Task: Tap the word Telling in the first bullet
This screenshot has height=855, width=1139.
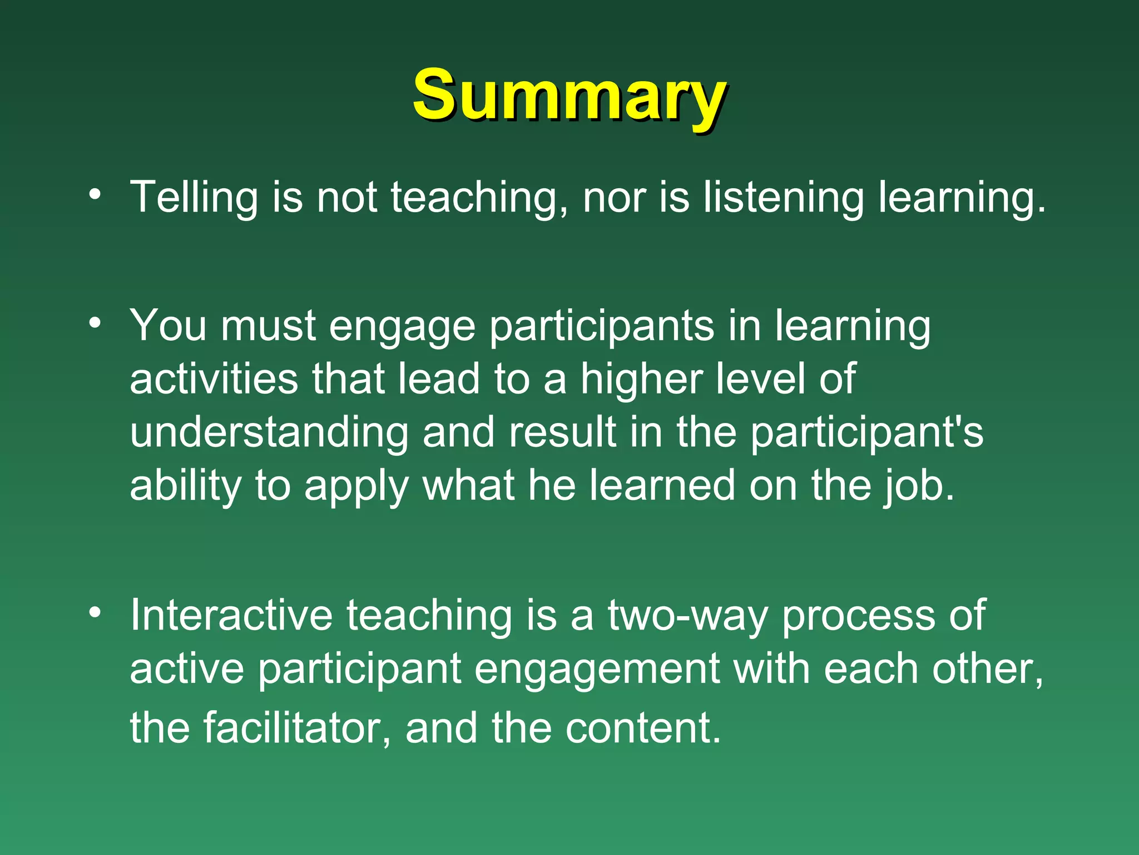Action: (x=193, y=197)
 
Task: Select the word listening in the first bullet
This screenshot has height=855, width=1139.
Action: (x=783, y=197)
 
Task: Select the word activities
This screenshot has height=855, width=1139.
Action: (x=214, y=379)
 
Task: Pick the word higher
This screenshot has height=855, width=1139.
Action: (x=641, y=379)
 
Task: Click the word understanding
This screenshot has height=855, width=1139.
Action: (x=269, y=433)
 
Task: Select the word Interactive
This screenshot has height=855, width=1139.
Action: (x=231, y=616)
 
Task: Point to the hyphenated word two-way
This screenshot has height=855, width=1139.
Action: (x=687, y=617)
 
